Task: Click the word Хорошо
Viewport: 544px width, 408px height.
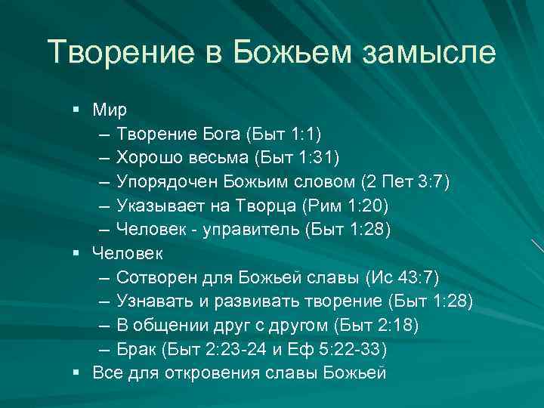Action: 148,158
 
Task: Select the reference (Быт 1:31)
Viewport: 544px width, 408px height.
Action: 297,158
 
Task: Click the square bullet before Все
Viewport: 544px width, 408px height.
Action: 77,372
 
